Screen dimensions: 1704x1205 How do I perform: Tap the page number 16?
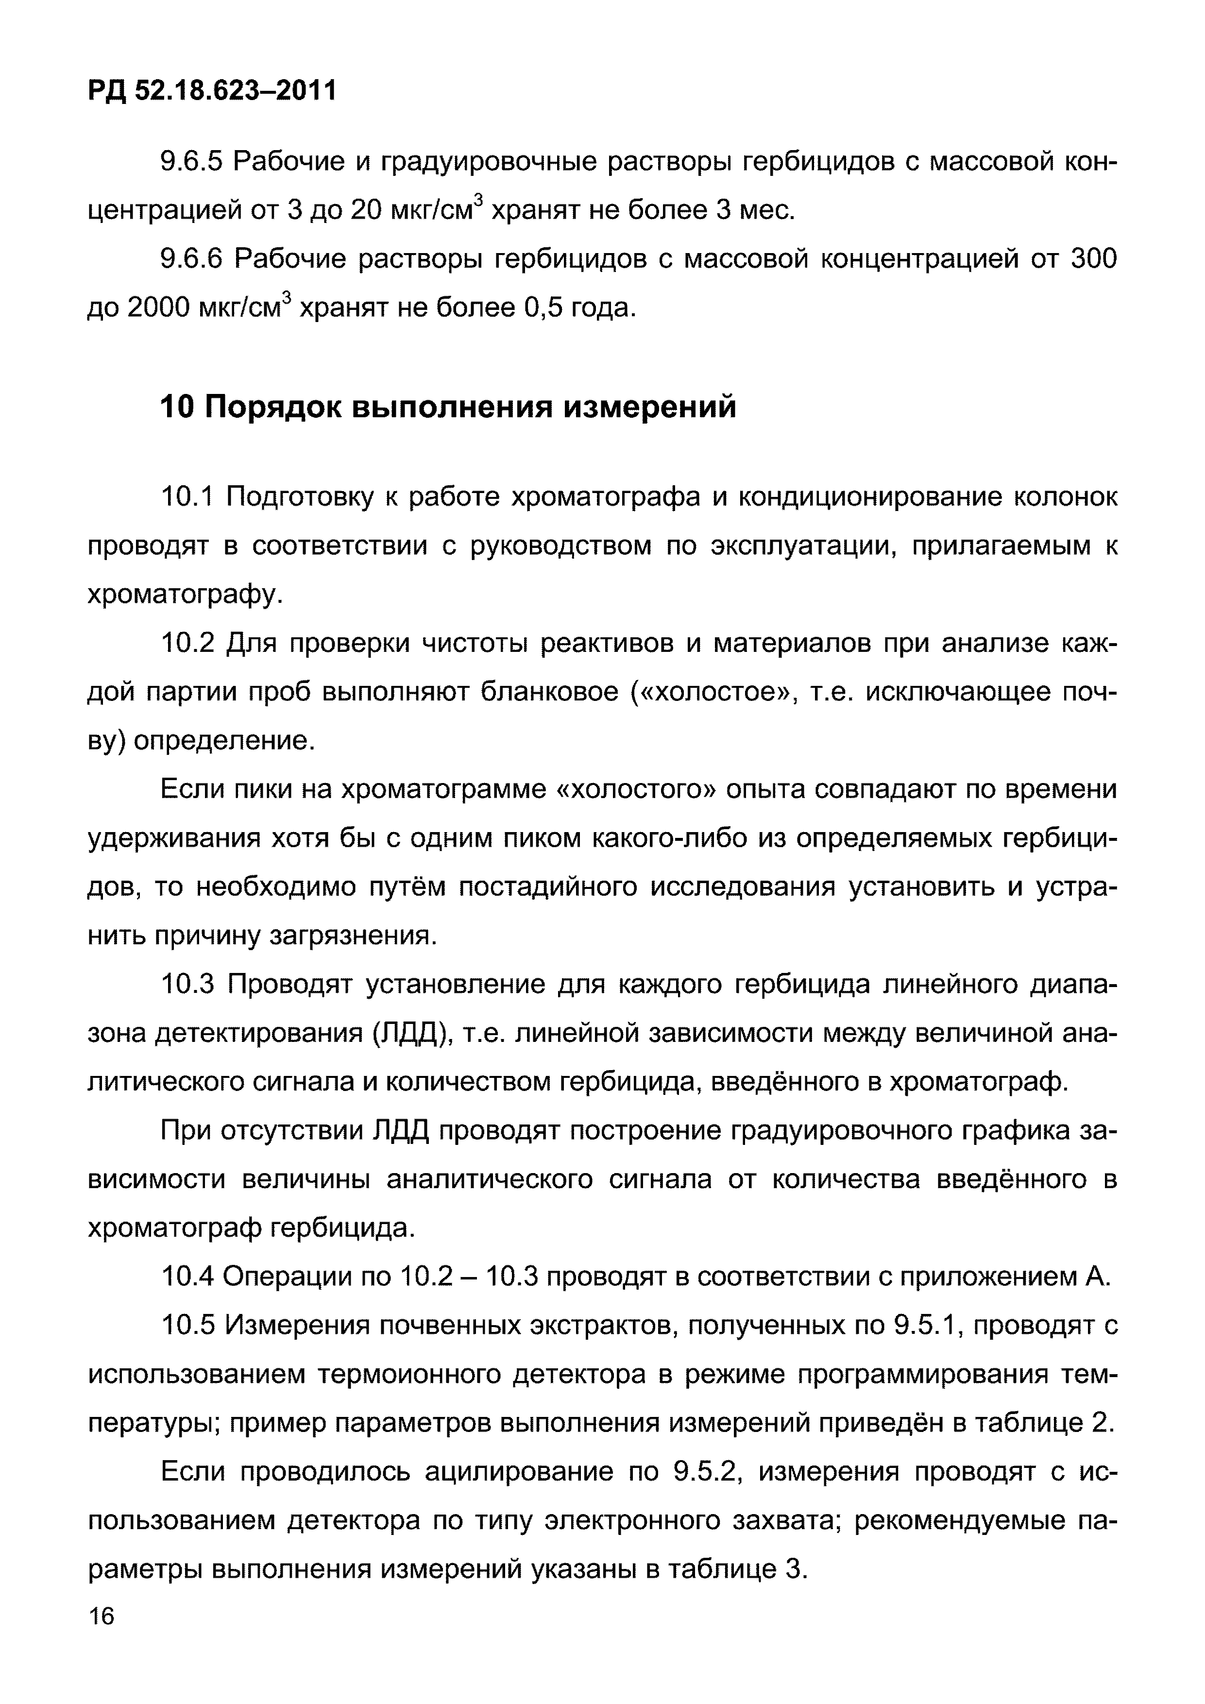coord(102,1616)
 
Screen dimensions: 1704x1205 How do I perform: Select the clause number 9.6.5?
coord(191,162)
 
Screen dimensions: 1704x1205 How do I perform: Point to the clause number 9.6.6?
coord(191,259)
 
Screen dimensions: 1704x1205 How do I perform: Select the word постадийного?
coord(547,887)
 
